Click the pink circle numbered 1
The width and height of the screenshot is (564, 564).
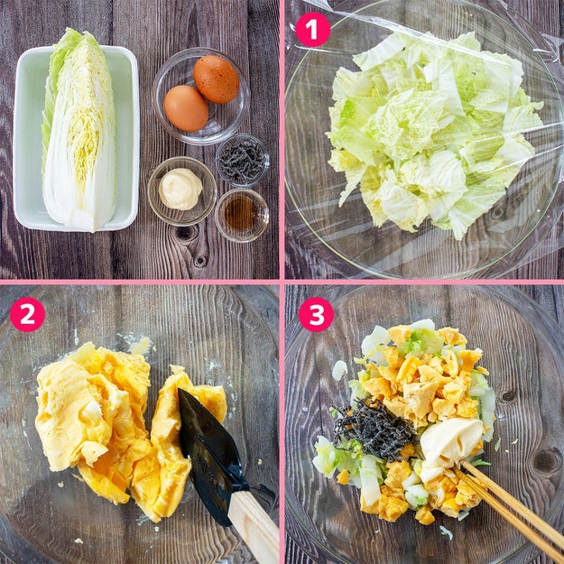(312, 30)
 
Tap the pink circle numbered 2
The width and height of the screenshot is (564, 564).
(27, 314)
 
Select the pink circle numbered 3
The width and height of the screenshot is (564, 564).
(316, 314)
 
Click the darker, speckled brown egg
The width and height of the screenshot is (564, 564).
(217, 79)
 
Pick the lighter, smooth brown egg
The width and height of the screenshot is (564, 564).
(186, 108)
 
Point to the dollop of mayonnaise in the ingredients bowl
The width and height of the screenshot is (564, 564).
(180, 189)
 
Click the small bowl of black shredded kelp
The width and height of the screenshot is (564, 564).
(243, 161)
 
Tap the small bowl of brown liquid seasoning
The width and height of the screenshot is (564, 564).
(242, 215)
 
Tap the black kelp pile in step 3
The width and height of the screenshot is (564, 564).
(374, 429)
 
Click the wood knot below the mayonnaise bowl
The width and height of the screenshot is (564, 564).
(186, 232)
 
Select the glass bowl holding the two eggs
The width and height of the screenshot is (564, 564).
(201, 96)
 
